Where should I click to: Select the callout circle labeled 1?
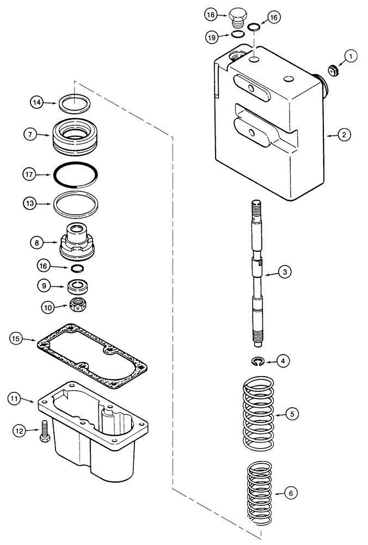pyautogui.click(x=351, y=56)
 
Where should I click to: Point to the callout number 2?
pyautogui.click(x=345, y=134)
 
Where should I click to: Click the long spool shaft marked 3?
pyautogui.click(x=257, y=272)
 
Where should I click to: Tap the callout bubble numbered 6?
pyautogui.click(x=292, y=493)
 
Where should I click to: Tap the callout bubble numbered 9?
pyautogui.click(x=44, y=285)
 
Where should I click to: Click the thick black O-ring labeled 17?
pyautogui.click(x=77, y=174)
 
